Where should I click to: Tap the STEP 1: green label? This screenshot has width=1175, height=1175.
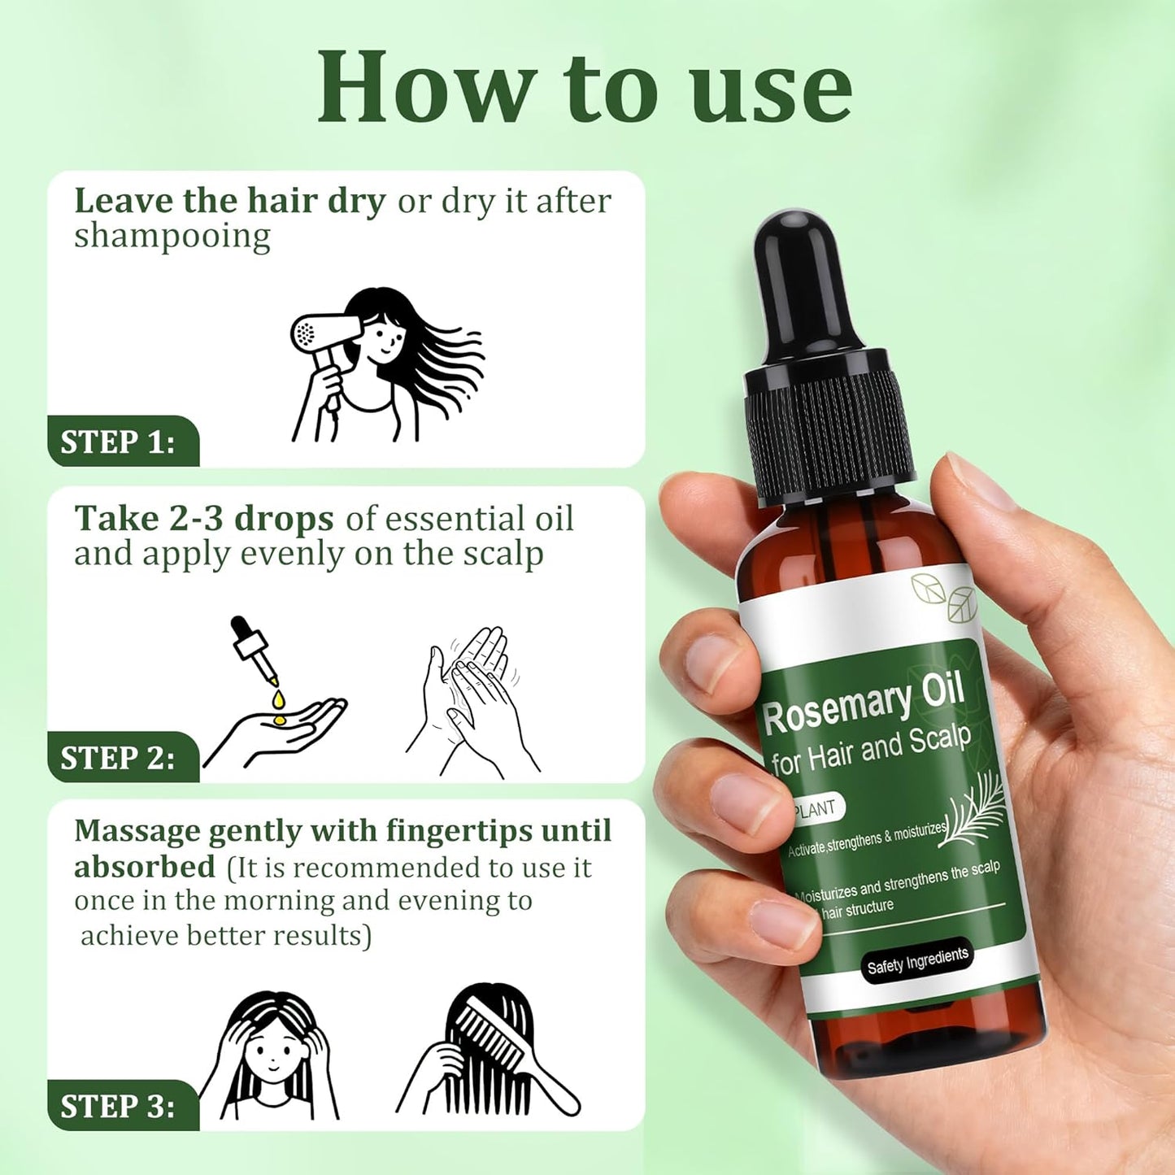119,442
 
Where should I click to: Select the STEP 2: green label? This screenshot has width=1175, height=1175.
119,758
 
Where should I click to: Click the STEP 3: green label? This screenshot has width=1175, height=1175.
119,1107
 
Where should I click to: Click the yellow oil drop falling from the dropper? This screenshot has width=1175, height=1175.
279,698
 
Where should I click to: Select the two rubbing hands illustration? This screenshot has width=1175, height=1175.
472,699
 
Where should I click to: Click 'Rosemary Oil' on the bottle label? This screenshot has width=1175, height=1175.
862,704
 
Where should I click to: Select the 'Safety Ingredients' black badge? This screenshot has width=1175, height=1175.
916,961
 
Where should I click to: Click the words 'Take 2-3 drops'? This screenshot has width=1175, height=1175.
204,519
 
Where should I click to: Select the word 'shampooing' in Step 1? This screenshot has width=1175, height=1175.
172,237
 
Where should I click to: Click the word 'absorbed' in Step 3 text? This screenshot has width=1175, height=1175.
145,867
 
